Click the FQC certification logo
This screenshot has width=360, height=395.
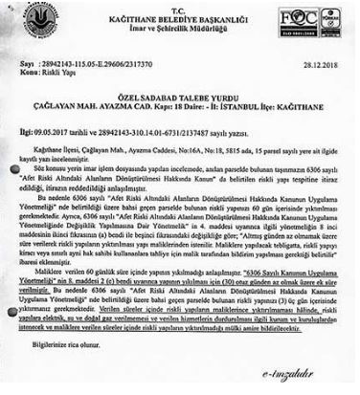pyautogui.click(x=292, y=19)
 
